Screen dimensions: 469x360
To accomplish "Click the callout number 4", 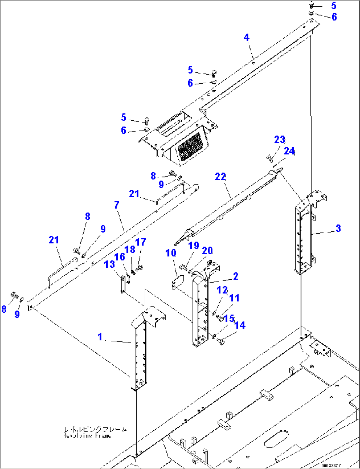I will point(246,38).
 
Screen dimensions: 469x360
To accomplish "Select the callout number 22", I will point(220,177).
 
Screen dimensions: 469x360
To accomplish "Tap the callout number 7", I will point(117,205).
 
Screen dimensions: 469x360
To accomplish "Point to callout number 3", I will point(338,228).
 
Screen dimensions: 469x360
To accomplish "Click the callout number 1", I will point(100,337).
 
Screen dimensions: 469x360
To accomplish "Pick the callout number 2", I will point(236,276).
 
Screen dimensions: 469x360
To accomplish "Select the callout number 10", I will point(171,253).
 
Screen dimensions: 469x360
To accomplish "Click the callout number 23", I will point(279,140).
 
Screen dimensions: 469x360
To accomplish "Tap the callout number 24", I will point(289,151).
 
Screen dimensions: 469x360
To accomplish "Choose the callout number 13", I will point(109,264).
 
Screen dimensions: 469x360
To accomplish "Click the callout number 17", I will point(141,242).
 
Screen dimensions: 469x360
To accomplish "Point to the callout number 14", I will point(240,326).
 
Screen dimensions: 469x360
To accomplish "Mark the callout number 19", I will point(194,246).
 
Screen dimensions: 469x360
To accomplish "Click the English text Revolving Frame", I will point(87,436).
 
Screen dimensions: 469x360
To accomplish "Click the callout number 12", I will point(222,290).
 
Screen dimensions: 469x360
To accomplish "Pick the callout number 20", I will point(207,251).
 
